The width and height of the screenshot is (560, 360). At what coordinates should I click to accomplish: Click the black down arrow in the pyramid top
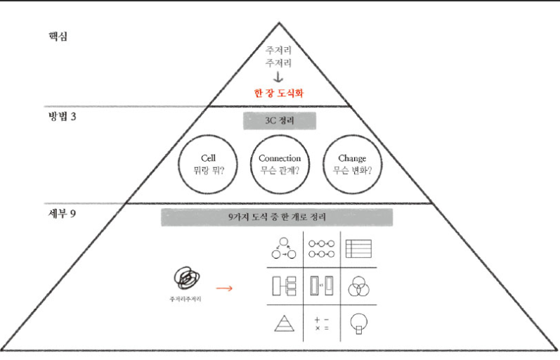pos(279,77)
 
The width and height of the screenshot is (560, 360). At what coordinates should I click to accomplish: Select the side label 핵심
pos(51,34)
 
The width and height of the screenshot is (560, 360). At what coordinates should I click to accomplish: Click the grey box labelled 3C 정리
pos(280,120)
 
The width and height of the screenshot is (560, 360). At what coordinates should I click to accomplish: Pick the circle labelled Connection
pos(280,165)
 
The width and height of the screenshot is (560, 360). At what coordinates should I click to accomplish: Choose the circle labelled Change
pos(351,165)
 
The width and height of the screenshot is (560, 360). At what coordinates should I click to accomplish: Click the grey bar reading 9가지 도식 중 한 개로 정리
pos(277,217)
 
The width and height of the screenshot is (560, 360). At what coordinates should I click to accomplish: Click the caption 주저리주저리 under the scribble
pos(186,300)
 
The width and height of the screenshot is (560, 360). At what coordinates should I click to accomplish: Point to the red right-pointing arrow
pos(224,287)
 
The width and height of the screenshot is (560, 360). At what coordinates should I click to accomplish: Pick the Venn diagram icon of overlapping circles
pos(358,286)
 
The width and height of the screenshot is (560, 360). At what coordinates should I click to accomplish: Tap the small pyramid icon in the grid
pos(284,323)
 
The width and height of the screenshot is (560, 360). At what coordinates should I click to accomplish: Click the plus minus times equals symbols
pos(322,323)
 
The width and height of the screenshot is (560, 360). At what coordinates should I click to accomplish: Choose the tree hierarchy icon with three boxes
pos(284,286)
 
